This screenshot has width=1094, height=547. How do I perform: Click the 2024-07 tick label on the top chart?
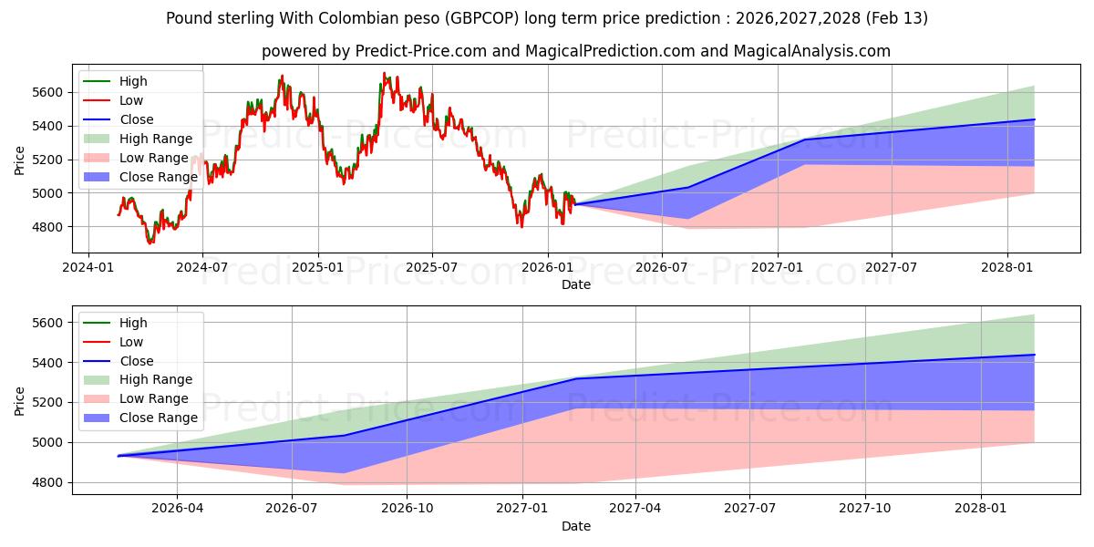201,267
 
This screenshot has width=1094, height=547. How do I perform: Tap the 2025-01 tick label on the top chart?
318,267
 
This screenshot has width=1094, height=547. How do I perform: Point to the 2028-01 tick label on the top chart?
1007,267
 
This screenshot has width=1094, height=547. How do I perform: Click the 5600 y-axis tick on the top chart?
46,92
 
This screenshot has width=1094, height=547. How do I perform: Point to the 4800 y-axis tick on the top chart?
46,227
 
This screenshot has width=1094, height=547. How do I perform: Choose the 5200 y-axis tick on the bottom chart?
46,402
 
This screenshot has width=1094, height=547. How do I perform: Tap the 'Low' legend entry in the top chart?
131,100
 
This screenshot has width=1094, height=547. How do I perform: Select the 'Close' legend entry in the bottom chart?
137,361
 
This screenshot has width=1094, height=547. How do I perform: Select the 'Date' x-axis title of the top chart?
576,284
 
